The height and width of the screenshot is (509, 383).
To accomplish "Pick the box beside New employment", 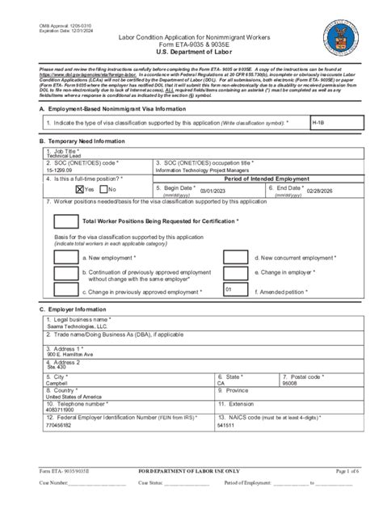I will (x=65, y=258).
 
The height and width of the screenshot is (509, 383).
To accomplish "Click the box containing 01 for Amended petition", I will (x=237, y=289).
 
